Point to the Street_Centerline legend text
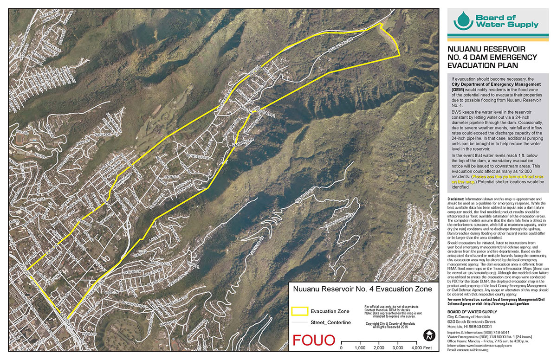[331, 322]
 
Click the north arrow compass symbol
[427, 335]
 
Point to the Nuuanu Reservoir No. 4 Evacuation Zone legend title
[363, 289]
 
